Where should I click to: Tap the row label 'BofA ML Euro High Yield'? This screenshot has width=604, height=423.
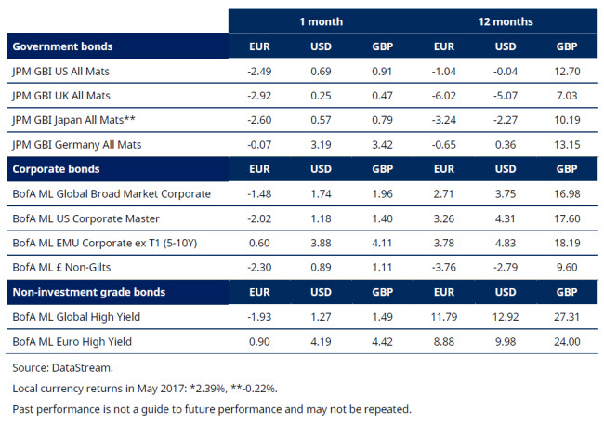pos(72,342)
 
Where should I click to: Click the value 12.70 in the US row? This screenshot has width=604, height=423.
pos(566,71)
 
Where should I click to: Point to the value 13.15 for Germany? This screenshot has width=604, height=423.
pos(566,144)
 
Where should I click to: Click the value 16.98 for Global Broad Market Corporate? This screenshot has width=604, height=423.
pos(566,193)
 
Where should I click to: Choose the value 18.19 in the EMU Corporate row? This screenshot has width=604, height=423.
pos(566,243)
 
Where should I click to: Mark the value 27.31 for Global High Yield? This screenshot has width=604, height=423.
pos(566,317)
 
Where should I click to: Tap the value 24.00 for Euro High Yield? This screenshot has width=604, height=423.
pos(566,342)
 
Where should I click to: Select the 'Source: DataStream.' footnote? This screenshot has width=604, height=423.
pos(55,366)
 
